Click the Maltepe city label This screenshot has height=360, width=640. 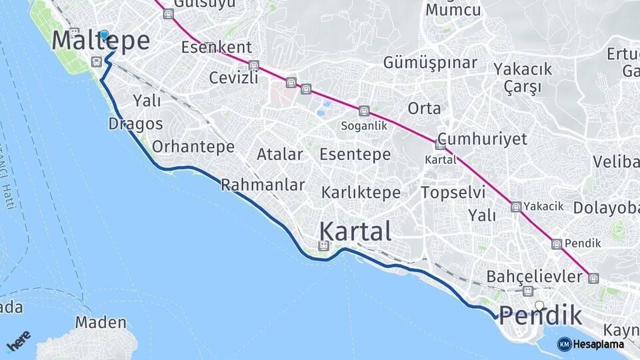[x=101, y=41]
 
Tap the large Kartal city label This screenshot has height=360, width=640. [x=355, y=231]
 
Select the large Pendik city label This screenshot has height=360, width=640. [x=540, y=315]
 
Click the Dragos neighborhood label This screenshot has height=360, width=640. [x=135, y=124]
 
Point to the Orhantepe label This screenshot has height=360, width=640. [x=193, y=147]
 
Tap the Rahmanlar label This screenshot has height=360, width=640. [x=263, y=185]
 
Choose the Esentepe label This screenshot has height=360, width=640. [x=355, y=155]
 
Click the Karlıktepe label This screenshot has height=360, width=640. [x=361, y=193]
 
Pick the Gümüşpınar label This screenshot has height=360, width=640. [x=430, y=63]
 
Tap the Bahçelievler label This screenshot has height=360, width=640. [x=534, y=276]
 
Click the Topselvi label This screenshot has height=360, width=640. [x=453, y=192]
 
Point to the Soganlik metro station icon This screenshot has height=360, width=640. [x=363, y=111]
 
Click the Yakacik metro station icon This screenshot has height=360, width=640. [x=516, y=207]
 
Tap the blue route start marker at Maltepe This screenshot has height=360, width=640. [x=104, y=35]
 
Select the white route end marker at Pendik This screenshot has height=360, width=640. [x=539, y=306]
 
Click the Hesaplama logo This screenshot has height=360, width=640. [x=591, y=344]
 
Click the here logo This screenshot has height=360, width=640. [x=19, y=341]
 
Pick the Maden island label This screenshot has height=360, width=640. [x=101, y=323]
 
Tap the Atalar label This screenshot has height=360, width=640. [x=280, y=155]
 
